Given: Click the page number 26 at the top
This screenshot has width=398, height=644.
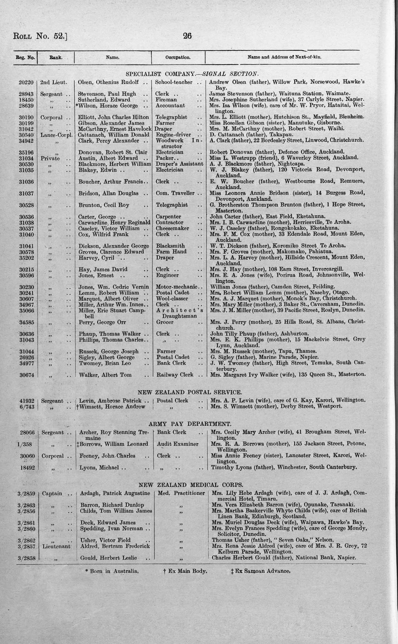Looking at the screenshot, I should (187, 36).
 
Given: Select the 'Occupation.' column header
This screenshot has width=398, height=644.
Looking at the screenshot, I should (178, 58).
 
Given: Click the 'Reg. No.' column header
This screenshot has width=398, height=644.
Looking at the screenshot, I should (25, 58).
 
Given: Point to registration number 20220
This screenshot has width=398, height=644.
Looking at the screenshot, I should (26, 82).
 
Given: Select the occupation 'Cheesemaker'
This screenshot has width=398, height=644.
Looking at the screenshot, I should (172, 228).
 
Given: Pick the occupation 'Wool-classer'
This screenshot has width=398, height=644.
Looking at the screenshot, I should (172, 299).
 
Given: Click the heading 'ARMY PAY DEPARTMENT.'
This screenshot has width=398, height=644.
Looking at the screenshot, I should (190, 424).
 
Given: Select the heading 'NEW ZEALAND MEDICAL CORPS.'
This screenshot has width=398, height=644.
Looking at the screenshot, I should (191, 485).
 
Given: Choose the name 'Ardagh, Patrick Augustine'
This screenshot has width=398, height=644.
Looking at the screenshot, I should (115, 494).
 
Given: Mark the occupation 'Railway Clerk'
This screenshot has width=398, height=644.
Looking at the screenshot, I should (175, 375).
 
